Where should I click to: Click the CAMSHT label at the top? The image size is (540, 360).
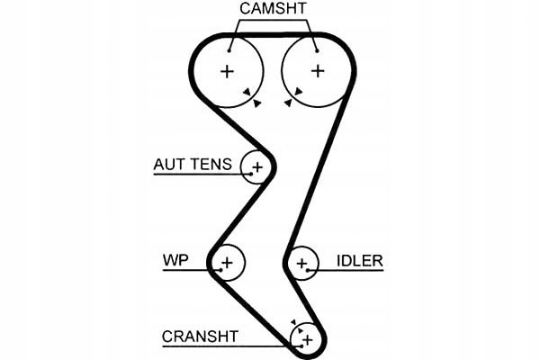tap(273, 9)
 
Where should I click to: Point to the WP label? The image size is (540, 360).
tap(175, 261)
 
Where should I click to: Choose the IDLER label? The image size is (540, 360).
tap(360, 261)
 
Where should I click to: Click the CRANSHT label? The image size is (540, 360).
tap(200, 337)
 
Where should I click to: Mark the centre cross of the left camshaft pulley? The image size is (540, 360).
tap(227, 70)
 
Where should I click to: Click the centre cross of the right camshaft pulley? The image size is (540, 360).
tap(317, 70)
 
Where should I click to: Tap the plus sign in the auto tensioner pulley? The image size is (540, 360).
tap(258, 166)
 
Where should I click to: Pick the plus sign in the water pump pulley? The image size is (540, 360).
tap(227, 263)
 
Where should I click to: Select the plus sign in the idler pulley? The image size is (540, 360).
tap(302, 264)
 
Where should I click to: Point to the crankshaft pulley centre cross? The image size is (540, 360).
tap(306, 339)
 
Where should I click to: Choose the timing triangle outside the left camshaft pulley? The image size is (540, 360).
tap(257, 104)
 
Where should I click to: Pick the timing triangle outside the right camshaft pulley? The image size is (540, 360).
tap(287, 104)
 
